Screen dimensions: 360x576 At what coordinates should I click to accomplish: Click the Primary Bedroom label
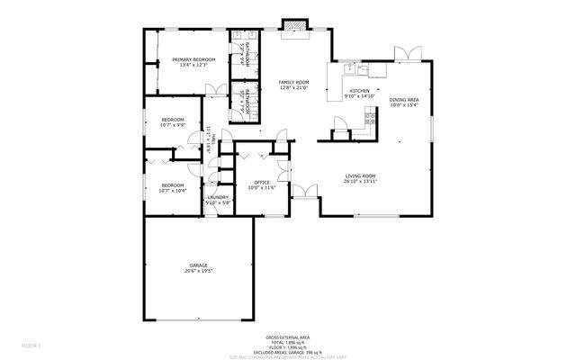click(193, 60)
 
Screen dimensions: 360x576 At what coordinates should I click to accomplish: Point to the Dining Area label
click(404, 100)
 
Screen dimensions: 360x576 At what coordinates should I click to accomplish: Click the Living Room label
click(360, 175)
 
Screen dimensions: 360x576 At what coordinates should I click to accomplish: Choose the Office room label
click(262, 182)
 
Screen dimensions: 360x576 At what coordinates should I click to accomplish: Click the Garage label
click(198, 265)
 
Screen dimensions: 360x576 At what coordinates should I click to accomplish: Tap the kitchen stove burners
click(368, 115)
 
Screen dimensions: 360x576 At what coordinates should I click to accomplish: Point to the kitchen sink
click(364, 67)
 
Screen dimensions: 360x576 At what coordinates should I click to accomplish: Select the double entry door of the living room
click(306, 191)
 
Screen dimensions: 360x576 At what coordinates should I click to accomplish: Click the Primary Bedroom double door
click(217, 89)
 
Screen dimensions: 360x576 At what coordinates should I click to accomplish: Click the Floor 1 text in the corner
click(31, 344)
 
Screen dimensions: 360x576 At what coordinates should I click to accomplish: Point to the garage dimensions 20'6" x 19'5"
click(198, 271)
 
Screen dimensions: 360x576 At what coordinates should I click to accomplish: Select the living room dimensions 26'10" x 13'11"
click(360, 182)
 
